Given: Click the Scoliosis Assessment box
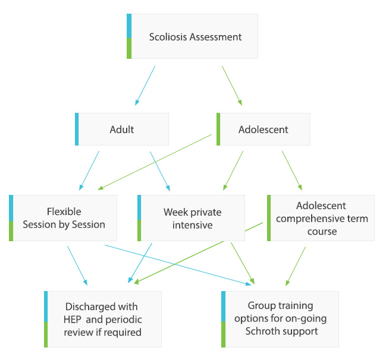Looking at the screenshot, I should click(193, 37).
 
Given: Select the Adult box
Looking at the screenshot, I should click(123, 129).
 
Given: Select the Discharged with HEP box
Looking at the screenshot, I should click(102, 319).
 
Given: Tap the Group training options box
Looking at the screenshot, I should click(280, 319).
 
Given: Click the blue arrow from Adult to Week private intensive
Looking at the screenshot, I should click(160, 171).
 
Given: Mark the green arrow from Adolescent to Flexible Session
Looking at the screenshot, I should click(155, 162).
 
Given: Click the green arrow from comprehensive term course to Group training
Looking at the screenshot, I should click(296, 266).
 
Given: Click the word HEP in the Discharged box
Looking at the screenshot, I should click(74, 319).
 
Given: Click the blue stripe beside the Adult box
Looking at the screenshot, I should click(77, 129).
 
